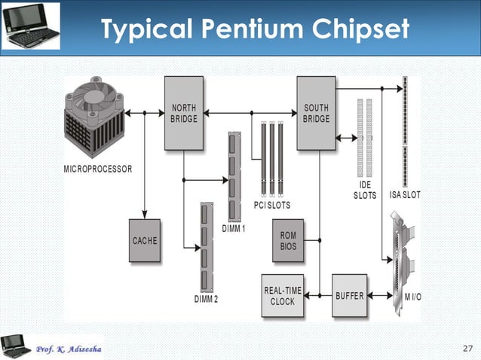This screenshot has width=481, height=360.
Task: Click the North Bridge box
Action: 184,113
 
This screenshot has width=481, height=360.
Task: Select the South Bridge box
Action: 316,113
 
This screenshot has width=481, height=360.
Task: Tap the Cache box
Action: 145,240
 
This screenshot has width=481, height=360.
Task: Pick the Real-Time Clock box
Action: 283,295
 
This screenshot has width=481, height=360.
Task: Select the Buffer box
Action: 350,295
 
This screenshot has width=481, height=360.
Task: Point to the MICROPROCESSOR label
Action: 97,169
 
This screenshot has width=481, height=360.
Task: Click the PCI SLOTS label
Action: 272,205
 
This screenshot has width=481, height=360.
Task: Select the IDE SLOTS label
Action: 365,190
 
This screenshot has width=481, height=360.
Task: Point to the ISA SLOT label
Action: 405,194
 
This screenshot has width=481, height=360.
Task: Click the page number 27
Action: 467,348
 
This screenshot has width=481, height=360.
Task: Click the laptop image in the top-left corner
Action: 30,26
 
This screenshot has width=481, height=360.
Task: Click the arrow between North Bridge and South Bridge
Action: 250,113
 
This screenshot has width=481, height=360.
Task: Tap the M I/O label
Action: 412,296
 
